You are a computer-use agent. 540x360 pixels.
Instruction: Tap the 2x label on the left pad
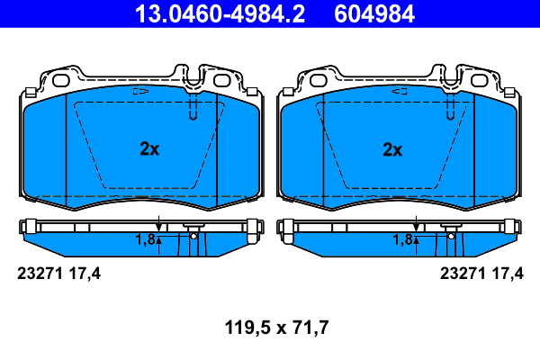click(149, 150)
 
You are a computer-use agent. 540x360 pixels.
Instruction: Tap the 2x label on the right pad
click(391, 150)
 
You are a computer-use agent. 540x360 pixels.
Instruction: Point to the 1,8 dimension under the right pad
click(401, 239)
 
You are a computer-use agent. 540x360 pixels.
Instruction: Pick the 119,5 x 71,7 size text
click(270, 328)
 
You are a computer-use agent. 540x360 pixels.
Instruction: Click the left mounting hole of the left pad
click(62, 80)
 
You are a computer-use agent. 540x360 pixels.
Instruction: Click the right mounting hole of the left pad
click(222, 80)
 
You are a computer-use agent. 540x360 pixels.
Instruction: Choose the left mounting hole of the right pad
click(319, 80)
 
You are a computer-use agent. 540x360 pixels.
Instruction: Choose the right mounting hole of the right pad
click(479, 80)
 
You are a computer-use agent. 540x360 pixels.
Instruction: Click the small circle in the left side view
click(193, 236)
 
